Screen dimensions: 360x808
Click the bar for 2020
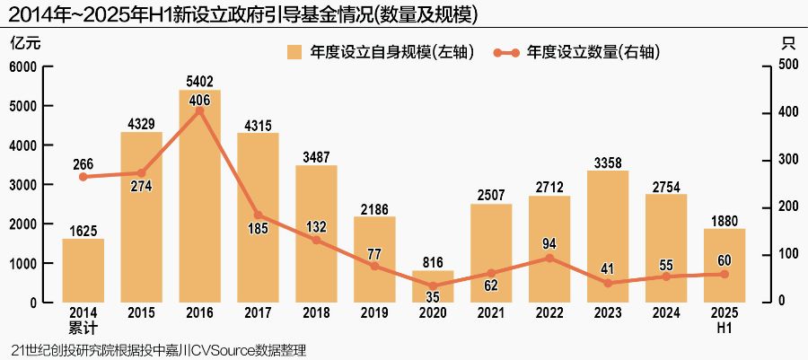click(x=433, y=286)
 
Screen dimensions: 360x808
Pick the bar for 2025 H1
click(x=725, y=266)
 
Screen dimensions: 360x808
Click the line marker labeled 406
click(x=199, y=110)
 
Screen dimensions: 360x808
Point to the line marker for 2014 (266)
click(x=83, y=177)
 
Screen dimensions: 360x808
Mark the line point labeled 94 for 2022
click(x=549, y=258)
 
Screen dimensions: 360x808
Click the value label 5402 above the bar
click(x=199, y=82)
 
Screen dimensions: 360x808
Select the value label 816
click(x=433, y=262)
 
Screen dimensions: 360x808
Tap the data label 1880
click(x=725, y=220)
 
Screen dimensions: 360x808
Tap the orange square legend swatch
click(x=294, y=52)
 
